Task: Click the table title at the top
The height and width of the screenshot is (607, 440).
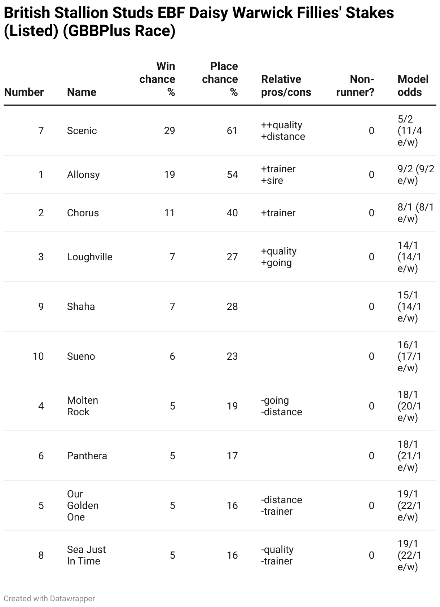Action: click(198, 22)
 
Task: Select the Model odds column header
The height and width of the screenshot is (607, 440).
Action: click(413, 85)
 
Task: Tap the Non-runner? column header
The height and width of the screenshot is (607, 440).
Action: click(355, 85)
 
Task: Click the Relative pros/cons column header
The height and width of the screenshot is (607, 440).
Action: click(286, 85)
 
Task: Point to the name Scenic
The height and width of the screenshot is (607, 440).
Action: click(82, 130)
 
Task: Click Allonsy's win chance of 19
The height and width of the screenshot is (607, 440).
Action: click(169, 174)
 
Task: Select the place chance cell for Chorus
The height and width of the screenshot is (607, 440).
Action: click(232, 213)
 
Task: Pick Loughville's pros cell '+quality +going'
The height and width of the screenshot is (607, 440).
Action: click(279, 257)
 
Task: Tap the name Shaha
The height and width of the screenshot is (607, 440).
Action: click(81, 306)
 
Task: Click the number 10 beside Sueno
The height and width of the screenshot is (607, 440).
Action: click(38, 356)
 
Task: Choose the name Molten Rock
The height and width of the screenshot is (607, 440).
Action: click(83, 406)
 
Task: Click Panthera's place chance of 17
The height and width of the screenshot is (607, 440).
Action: click(232, 456)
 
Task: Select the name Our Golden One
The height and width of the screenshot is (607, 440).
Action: click(83, 505)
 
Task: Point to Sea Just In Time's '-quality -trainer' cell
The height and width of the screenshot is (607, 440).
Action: click(277, 555)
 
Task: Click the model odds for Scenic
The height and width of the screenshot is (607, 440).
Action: click(410, 130)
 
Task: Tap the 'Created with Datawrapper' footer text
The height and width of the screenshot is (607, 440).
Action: click(49, 598)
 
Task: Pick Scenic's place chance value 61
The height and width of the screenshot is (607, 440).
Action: click(232, 130)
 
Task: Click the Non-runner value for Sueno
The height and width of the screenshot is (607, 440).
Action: click(371, 356)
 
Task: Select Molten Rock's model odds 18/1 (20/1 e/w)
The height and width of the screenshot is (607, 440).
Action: click(409, 406)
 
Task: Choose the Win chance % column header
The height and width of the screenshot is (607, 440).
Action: click(158, 79)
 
